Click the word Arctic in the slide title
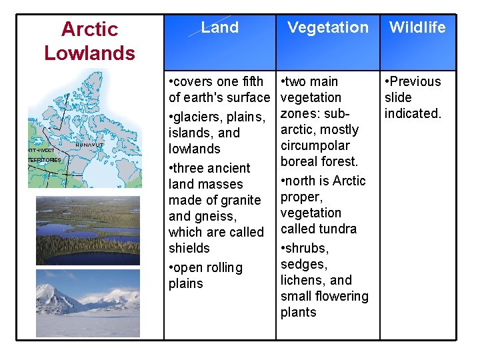89,29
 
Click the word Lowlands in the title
89,53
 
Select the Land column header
220,28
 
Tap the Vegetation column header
327,28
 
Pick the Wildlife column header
417,28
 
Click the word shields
189,248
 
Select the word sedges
303,264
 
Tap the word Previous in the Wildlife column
416,81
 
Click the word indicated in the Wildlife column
413,113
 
